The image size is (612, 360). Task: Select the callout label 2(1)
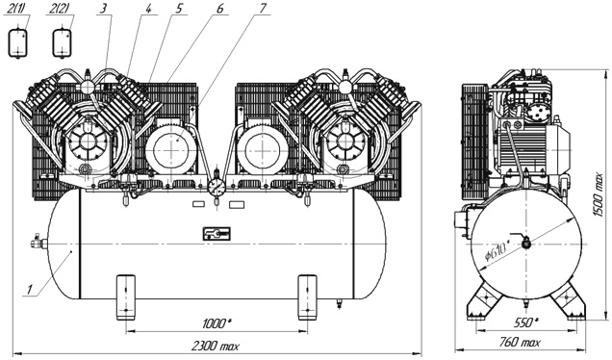click(x=17, y=11)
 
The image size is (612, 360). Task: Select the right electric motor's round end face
click(x=260, y=147)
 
